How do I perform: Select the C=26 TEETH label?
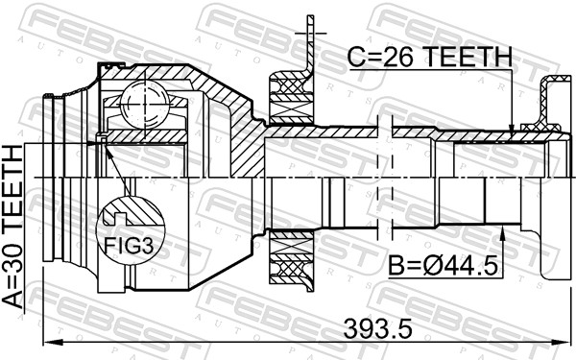[x=428, y=60]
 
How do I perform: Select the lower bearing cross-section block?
[x=289, y=256]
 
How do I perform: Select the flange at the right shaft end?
[x=553, y=144]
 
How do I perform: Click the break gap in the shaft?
[x=387, y=178]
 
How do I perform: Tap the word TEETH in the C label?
[x=469, y=60]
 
